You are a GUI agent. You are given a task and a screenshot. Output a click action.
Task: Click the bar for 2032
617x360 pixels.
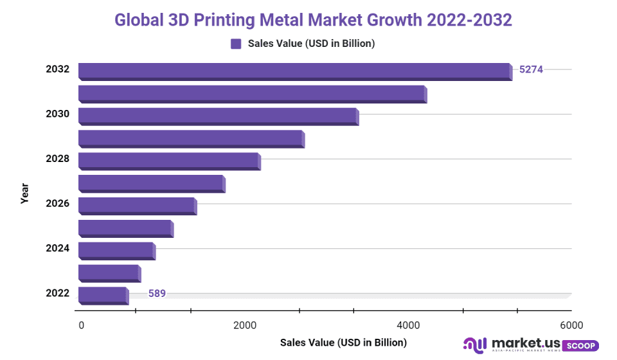coord(294,71)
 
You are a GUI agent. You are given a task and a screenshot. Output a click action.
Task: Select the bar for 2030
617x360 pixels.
coord(217,116)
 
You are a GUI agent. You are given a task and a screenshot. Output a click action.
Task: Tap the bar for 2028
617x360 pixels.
coord(168,161)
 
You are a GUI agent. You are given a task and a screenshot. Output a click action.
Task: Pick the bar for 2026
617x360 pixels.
coord(136,206)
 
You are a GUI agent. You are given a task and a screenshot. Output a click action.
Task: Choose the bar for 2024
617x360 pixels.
coord(116,250)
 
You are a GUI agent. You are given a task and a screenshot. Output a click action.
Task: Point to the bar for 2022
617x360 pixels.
coord(102,295)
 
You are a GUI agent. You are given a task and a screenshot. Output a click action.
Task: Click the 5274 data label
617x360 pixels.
coord(531,69)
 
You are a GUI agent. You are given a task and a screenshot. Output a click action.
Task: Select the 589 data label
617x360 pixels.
coord(157,294)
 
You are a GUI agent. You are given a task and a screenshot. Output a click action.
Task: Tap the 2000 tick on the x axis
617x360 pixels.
coord(245,325)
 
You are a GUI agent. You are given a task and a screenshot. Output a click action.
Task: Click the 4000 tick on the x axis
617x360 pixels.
coord(409,325)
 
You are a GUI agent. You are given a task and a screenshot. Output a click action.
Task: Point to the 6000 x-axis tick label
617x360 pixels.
coord(571,325)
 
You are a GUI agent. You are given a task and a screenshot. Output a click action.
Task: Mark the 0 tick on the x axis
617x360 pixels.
coord(81,325)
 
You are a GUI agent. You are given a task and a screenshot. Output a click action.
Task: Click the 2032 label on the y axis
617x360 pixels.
coord(57,69)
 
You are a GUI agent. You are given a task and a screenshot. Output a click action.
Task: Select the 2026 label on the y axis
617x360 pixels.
coord(57,204)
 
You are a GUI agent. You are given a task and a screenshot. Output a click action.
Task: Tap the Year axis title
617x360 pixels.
coord(24,194)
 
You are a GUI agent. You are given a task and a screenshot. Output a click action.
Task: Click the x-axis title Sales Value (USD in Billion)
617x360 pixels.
coord(343,343)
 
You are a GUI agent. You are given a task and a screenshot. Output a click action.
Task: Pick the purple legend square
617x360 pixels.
coord(236,44)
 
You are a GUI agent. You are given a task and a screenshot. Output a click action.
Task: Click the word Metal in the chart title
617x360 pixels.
coord(282,20)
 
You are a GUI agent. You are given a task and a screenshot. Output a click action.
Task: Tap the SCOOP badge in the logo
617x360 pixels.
coord(581,346)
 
